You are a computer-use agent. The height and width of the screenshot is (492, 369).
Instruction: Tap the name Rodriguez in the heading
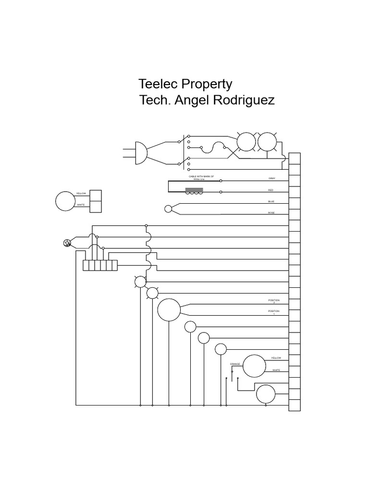(242, 101)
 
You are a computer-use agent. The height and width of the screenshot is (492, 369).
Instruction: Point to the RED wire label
(271, 190)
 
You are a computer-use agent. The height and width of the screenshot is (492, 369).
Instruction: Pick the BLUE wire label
(271, 201)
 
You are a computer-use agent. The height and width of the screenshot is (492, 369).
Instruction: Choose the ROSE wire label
(271, 213)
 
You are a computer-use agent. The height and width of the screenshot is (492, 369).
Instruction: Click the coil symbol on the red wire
(194, 192)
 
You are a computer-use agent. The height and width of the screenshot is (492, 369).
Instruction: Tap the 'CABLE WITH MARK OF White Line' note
(197, 178)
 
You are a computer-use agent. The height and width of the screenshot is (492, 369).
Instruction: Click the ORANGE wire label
(235, 364)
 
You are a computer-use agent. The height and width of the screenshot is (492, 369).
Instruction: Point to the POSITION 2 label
(273, 301)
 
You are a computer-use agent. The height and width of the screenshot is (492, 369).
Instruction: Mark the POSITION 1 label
(273, 312)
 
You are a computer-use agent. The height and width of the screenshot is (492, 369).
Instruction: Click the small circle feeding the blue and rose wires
(168, 209)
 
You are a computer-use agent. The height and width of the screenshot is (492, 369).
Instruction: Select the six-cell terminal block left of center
(100, 265)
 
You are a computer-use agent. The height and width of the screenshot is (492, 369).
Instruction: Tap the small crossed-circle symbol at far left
(67, 243)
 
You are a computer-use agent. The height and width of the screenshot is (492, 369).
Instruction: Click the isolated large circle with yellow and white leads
(65, 201)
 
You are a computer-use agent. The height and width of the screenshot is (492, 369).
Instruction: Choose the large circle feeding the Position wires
(169, 310)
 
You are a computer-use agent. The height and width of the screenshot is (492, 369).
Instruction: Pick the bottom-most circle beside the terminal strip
(265, 394)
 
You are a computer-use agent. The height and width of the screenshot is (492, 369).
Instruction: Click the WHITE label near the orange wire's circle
(276, 370)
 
